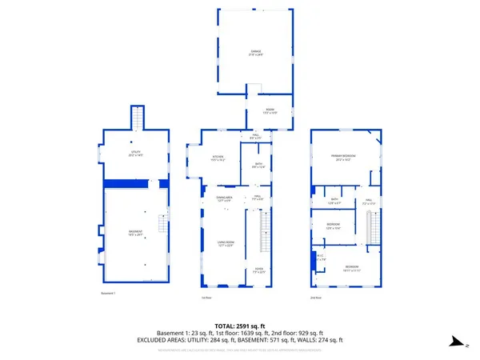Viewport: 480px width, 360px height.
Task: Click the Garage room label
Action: [x=255, y=53]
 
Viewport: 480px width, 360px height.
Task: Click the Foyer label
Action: [x=258, y=270]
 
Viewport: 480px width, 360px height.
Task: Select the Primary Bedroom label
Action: [x=345, y=158]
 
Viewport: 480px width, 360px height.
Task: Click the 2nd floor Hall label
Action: [x=370, y=202]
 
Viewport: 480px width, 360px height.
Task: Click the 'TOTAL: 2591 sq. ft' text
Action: [x=240, y=325]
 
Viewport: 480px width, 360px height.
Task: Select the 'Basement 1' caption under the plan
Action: [x=108, y=294]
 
